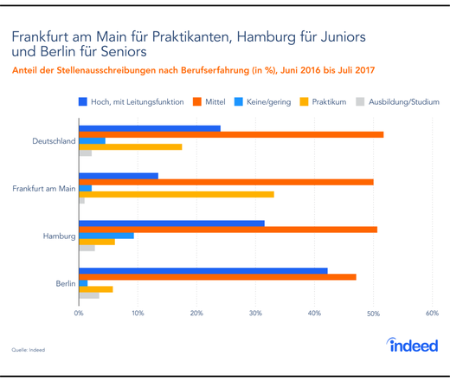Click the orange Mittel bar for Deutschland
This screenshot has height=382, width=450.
231,135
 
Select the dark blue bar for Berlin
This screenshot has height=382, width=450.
203,270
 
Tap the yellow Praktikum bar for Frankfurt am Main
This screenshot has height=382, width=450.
177,194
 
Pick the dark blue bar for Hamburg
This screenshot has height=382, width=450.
171,223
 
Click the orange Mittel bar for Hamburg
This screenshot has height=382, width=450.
228,230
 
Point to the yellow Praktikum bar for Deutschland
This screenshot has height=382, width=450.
131,147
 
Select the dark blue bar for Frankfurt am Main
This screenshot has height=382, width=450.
119,176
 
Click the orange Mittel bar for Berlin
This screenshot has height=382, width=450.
217,277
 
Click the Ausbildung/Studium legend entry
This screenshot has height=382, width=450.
398,101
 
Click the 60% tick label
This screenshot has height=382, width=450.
432,313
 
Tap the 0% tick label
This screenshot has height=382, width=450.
79,313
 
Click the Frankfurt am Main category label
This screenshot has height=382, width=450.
42,188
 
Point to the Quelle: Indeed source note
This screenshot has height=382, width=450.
28,350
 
